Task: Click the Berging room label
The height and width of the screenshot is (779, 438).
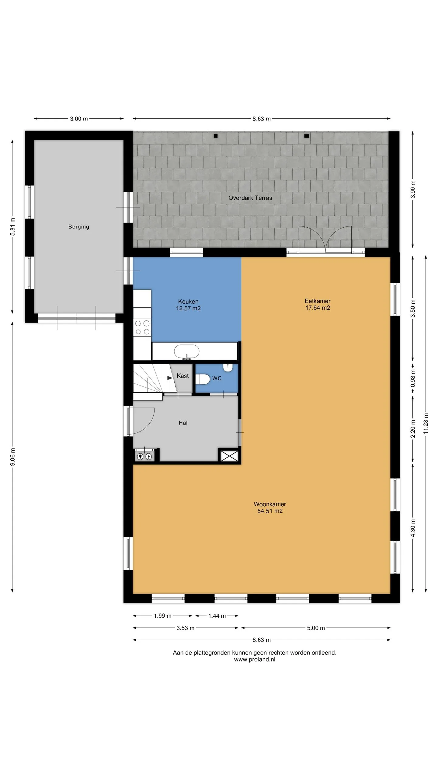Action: click(79, 227)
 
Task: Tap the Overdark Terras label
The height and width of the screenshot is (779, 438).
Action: click(250, 198)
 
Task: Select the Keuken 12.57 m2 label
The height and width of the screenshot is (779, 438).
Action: click(188, 305)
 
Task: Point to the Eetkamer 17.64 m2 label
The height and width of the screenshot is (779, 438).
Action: click(318, 304)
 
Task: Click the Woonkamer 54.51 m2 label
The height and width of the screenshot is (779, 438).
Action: click(270, 508)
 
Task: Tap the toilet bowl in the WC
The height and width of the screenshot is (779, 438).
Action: click(202, 379)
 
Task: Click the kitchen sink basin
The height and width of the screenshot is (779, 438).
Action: click(187, 352)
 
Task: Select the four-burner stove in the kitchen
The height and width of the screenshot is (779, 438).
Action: click(142, 327)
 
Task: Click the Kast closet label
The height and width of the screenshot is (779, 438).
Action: click(182, 376)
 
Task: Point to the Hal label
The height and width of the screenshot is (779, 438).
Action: click(183, 423)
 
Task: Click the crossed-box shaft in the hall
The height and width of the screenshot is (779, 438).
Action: click(229, 456)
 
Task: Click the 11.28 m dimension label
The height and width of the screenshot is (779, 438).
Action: click(426, 423)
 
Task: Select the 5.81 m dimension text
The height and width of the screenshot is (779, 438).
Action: click(12, 227)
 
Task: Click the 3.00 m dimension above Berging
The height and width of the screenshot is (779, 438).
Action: click(79, 119)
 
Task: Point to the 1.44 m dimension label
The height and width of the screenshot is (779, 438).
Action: click(217, 616)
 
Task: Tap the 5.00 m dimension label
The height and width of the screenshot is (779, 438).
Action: click(316, 628)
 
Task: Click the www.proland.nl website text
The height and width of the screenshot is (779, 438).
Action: click(255, 659)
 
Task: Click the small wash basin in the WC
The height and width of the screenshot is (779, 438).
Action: click(228, 367)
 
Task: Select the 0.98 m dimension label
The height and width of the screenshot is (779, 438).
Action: click(413, 378)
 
